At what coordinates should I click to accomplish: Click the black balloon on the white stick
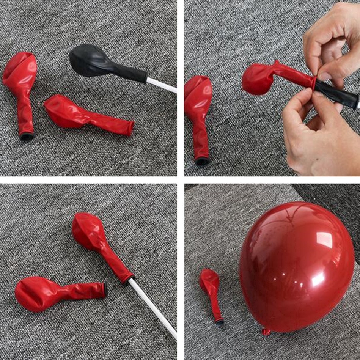[x=91, y=61]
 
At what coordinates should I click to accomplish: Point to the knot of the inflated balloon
[x=267, y=332]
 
